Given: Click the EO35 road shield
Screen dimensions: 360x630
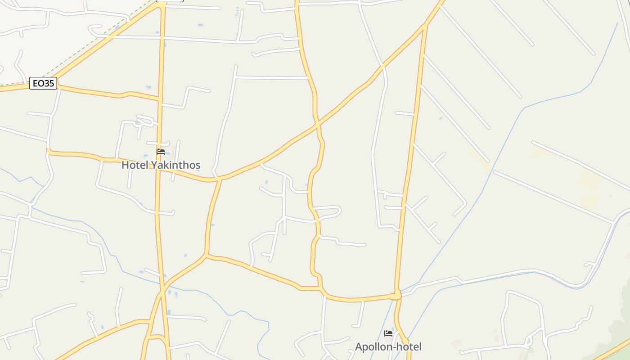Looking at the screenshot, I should pos(43,83).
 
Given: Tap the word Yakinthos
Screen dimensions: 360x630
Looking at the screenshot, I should pos(175,165).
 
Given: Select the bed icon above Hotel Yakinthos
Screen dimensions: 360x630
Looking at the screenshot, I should pos(161,151).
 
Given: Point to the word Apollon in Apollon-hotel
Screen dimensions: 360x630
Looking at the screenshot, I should pos(373,347).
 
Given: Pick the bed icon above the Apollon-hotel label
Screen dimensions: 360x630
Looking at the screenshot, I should pos(388,333).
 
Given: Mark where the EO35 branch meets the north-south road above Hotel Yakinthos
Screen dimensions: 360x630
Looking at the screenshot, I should pos(160,99).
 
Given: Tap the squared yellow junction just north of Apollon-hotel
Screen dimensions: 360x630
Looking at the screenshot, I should pos(396,296).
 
